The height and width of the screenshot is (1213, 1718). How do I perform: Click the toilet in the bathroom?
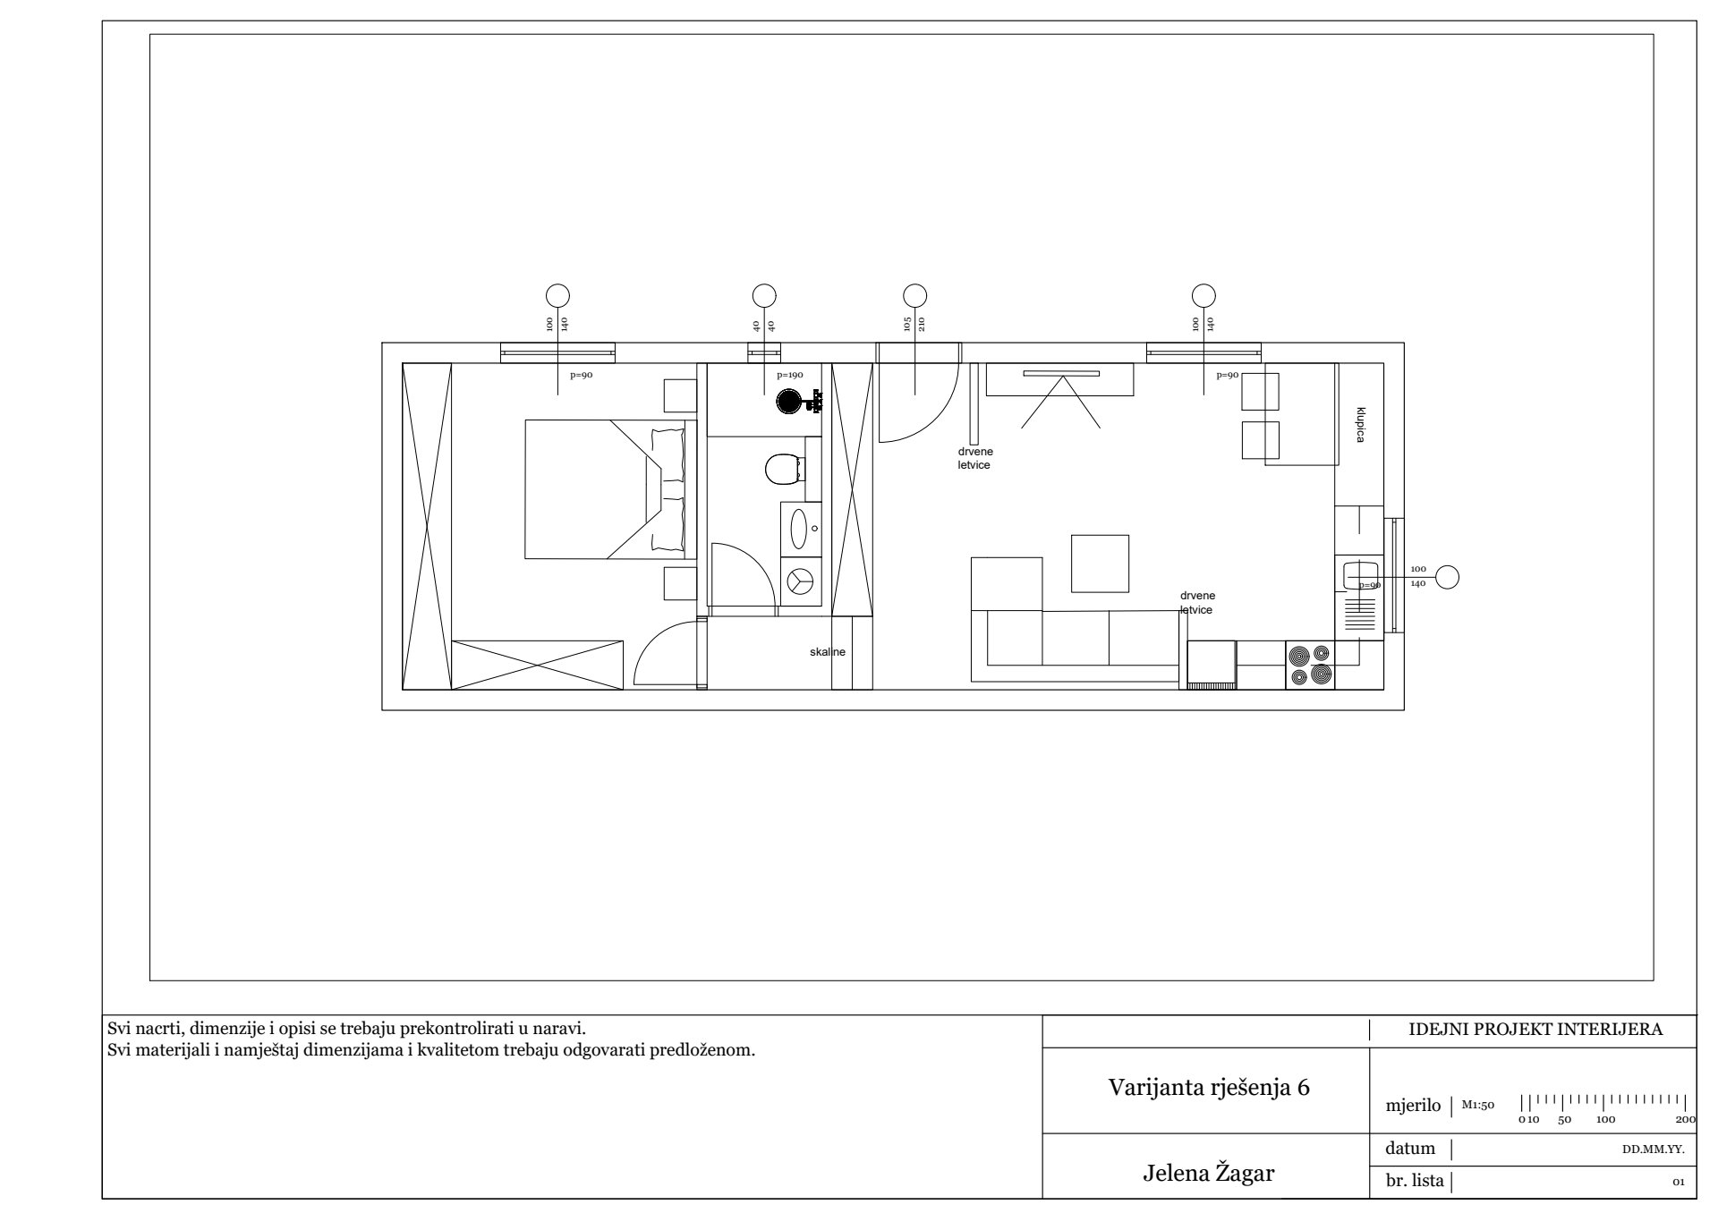pyautogui.click(x=785, y=468)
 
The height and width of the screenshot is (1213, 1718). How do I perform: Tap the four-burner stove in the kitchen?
pyautogui.click(x=1310, y=666)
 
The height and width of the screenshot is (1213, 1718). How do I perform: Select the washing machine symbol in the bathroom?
pyautogui.click(x=801, y=581)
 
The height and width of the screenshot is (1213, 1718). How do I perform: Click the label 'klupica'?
pyautogui.click(x=1360, y=425)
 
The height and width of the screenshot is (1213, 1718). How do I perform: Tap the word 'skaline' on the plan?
pyautogui.click(x=828, y=652)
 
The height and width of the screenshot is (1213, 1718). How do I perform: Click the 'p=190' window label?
pyautogui.click(x=790, y=376)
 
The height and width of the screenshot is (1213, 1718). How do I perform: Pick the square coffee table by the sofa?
pyautogui.click(x=1100, y=564)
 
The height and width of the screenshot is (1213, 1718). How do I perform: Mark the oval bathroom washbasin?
pyautogui.click(x=798, y=529)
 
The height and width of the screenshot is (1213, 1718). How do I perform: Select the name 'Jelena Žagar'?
pyautogui.click(x=1209, y=1173)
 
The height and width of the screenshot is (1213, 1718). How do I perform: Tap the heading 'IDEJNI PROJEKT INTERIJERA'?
pyautogui.click(x=1535, y=1029)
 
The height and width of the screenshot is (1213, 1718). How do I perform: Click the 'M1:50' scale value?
pyautogui.click(x=1478, y=1105)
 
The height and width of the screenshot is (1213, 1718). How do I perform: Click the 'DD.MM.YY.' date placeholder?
pyautogui.click(x=1654, y=1149)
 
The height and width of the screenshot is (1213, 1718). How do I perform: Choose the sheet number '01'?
pyautogui.click(x=1679, y=1183)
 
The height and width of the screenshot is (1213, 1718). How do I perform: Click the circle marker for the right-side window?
pyautogui.click(x=1447, y=578)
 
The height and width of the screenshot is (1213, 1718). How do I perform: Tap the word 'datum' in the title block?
pyautogui.click(x=1410, y=1149)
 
